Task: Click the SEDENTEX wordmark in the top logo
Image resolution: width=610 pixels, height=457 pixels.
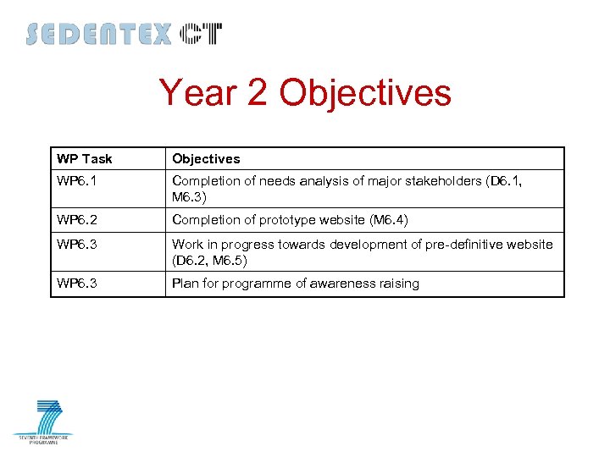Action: click(98, 34)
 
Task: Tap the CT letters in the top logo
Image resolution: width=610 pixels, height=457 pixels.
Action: click(201, 34)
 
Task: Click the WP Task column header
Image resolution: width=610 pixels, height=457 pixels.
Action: click(85, 159)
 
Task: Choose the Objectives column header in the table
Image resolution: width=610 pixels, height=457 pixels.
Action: click(206, 159)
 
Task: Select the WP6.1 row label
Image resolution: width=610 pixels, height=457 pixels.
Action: click(76, 180)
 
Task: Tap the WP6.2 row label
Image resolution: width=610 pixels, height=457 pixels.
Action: click(76, 220)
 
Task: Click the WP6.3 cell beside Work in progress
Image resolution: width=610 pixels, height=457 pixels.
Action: click(76, 245)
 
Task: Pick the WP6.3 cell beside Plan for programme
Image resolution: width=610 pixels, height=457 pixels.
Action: click(76, 284)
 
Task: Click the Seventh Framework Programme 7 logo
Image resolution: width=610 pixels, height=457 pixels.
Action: click(43, 421)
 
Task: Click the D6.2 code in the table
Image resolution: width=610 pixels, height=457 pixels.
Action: click(191, 260)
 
